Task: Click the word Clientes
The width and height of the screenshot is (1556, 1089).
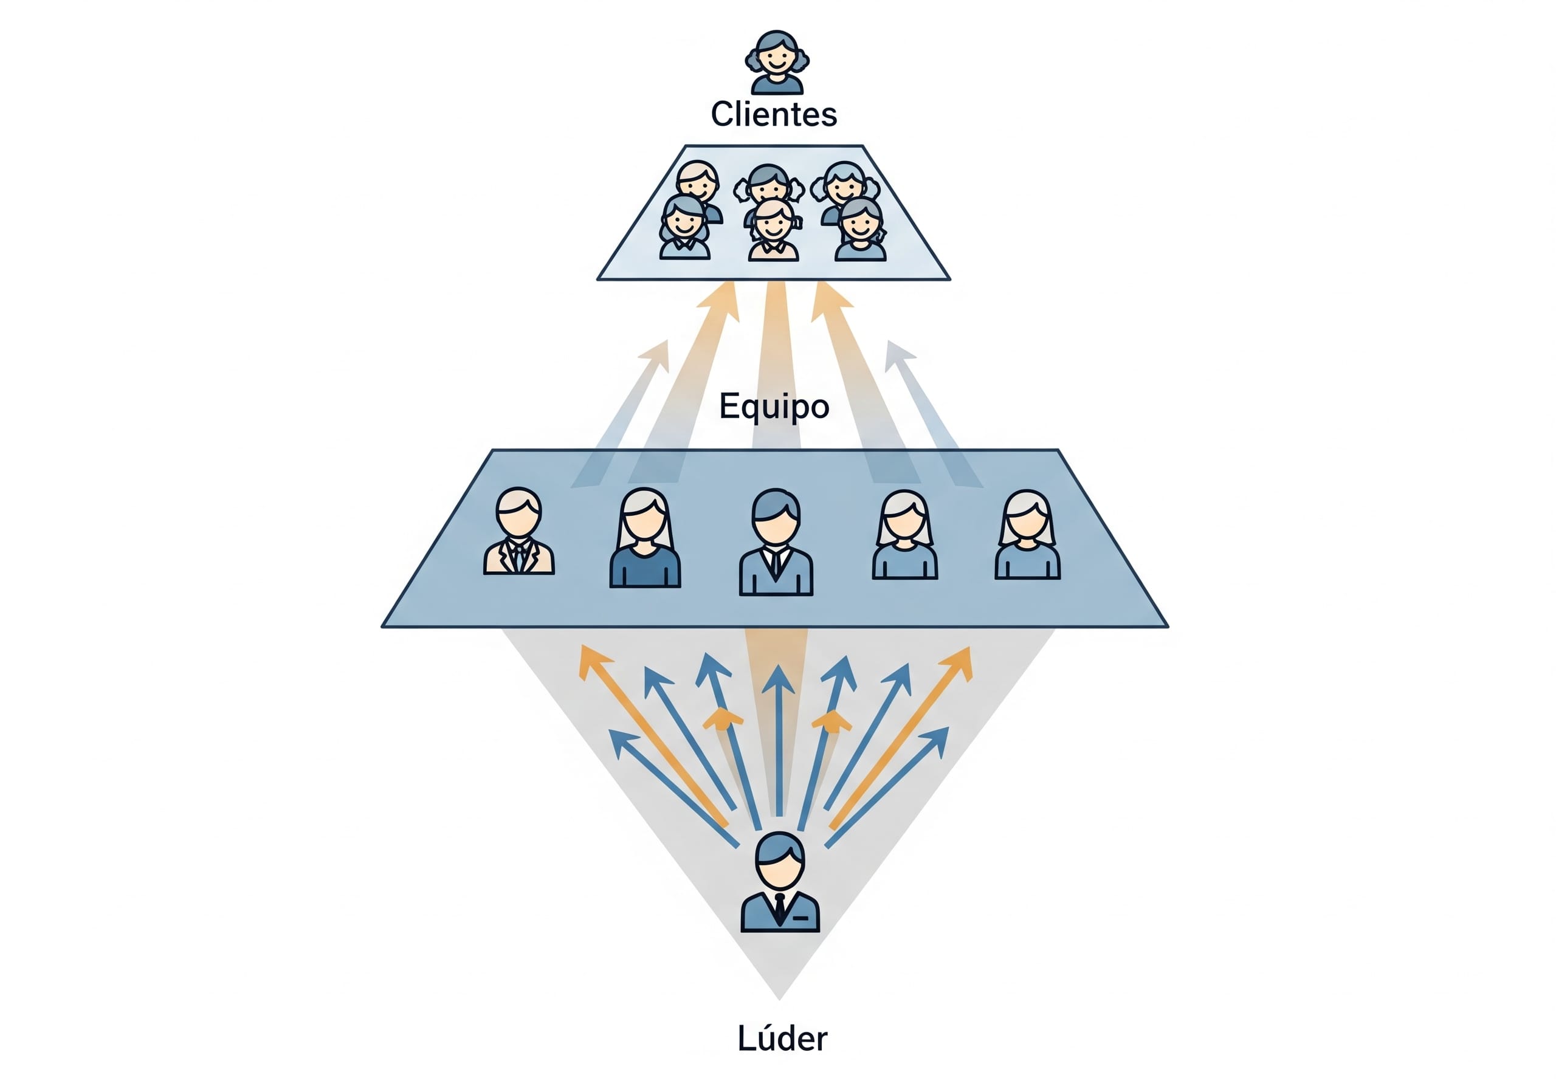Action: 774,114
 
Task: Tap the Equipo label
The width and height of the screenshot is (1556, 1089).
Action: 774,407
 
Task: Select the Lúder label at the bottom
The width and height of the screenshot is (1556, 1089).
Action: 782,1038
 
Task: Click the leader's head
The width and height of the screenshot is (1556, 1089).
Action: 780,861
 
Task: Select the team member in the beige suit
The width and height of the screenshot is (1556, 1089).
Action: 518,531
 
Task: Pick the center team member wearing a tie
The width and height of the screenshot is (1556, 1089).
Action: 776,543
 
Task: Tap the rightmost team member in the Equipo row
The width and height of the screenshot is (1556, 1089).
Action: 1027,535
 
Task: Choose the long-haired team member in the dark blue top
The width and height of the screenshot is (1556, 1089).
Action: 645,537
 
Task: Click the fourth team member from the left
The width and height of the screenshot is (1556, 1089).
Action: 905,535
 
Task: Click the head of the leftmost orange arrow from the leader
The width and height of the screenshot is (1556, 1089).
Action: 591,661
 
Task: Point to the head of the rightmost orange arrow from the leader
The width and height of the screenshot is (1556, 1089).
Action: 960,663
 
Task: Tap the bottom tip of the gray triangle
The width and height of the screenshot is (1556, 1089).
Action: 779,1000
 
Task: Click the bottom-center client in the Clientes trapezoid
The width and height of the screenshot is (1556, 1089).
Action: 773,229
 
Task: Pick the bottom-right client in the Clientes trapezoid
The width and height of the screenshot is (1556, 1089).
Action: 860,229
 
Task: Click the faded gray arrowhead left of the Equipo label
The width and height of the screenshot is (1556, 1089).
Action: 655,355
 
